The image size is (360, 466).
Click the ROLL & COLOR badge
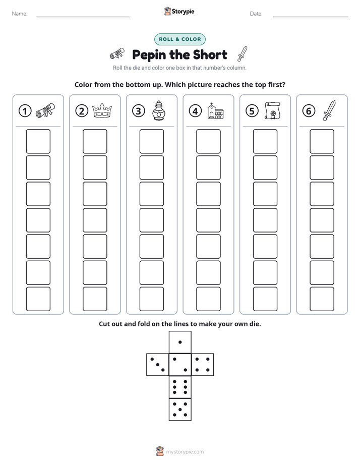point(179,39)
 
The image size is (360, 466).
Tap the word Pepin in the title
point(149,55)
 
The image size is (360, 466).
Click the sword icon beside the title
point(243,53)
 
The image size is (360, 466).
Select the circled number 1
point(25,111)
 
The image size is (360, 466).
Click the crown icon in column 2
point(102,110)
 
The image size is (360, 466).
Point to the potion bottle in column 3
point(159,110)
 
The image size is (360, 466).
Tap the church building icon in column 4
point(215,111)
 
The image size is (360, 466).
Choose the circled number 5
point(252,111)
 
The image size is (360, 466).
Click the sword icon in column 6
point(329,110)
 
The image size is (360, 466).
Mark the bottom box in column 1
point(38,299)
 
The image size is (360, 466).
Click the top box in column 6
point(322,141)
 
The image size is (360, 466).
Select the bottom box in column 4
point(208,299)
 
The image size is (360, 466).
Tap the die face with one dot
point(180,342)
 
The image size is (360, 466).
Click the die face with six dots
point(180,387)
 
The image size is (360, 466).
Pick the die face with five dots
point(180,410)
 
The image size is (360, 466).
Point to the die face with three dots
point(158,365)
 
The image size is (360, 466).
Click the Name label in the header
point(20,14)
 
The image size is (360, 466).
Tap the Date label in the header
point(256,14)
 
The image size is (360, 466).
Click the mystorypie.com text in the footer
point(185,452)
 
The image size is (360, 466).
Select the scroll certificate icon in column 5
point(272,110)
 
